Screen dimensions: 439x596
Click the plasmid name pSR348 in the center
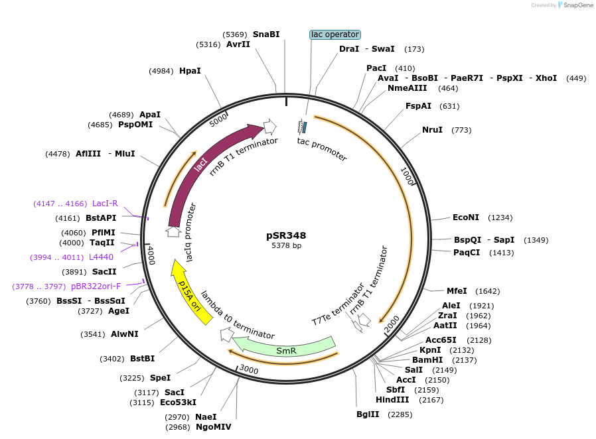pyautogui.click(x=286, y=235)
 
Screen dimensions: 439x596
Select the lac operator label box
pyautogui.click(x=335, y=34)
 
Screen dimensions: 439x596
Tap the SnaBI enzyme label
pyautogui.click(x=266, y=34)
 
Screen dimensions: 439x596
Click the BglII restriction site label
pyautogui.click(x=368, y=414)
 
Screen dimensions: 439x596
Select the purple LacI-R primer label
pyautogui.click(x=105, y=204)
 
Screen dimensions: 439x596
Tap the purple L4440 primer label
pyautogui.click(x=101, y=257)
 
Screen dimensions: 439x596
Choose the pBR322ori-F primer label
pyautogui.click(x=96, y=286)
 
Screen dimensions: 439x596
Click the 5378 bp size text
pyautogui.click(x=286, y=246)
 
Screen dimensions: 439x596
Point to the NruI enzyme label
pyautogui.click(x=432, y=129)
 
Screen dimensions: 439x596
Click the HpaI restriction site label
pyautogui.click(x=190, y=70)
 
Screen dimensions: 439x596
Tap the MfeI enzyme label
pyautogui.click(x=457, y=290)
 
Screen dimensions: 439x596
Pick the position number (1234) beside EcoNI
pyautogui.click(x=500, y=218)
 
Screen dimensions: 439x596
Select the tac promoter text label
pyautogui.click(x=322, y=149)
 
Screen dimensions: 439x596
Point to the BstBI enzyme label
pyautogui.click(x=142, y=359)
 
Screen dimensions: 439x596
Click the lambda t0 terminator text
pyautogui.click(x=237, y=316)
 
